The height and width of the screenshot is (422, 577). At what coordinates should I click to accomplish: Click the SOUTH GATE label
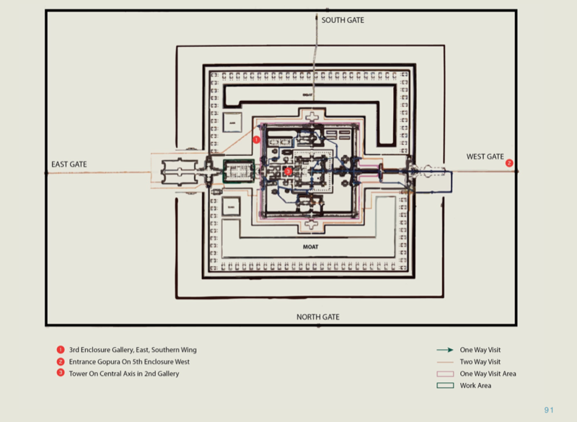click(343, 20)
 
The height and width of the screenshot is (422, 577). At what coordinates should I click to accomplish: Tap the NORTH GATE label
click(318, 317)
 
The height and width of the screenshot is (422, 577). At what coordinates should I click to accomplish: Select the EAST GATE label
click(69, 164)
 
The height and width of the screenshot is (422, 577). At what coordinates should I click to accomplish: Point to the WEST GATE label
click(485, 157)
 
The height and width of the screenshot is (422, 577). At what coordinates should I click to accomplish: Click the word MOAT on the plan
click(311, 247)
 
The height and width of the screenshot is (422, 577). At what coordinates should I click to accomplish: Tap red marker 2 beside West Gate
click(509, 163)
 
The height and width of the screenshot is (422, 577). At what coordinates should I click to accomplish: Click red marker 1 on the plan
click(256, 139)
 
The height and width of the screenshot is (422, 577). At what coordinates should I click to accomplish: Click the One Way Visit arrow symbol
click(445, 350)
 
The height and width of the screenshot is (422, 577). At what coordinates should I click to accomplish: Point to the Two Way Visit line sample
click(445, 361)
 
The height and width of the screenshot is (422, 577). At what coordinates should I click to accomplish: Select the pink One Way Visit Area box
click(445, 374)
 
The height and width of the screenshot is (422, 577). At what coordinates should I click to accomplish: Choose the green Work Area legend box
click(445, 385)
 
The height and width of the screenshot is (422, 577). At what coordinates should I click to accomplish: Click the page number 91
click(549, 410)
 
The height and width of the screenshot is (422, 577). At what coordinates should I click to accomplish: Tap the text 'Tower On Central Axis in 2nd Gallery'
click(124, 374)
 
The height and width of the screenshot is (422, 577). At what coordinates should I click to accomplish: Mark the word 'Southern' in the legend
click(166, 350)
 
